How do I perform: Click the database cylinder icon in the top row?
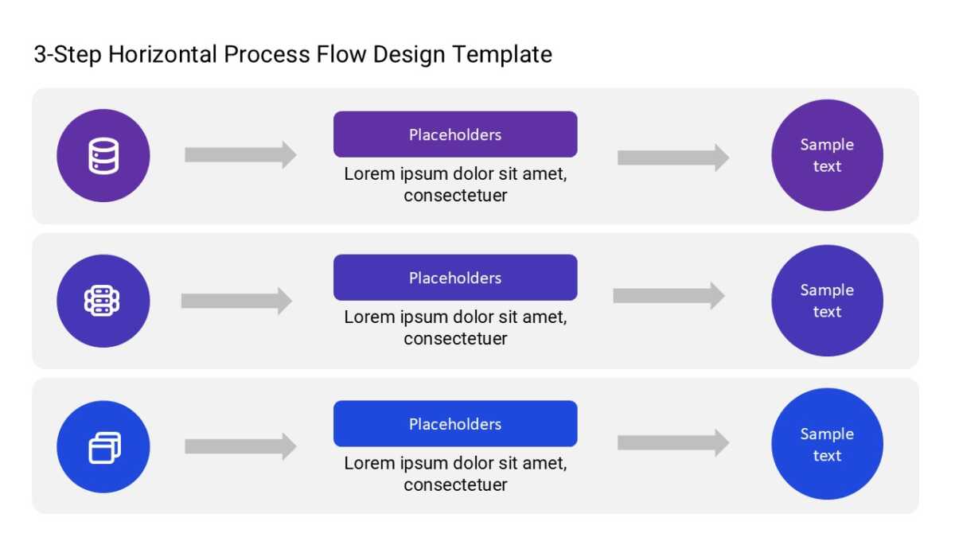(103, 156)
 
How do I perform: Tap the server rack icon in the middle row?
(102, 301)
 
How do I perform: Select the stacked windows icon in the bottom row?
(104, 447)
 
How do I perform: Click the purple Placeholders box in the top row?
(455, 134)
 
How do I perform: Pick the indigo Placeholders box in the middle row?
(455, 278)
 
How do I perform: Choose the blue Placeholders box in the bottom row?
(455, 423)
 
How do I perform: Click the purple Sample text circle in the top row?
(827, 155)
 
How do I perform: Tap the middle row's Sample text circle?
(827, 301)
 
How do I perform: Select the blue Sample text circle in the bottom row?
(827, 444)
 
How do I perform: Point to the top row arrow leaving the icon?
(241, 154)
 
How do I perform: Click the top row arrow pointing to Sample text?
(673, 158)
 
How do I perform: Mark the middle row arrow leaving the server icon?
(236, 301)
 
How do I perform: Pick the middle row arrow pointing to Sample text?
(669, 295)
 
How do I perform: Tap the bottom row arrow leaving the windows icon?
(241, 446)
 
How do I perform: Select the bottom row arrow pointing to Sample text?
(673, 443)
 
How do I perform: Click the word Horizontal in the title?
(162, 54)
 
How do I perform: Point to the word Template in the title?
(502, 56)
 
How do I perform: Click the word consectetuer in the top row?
(455, 196)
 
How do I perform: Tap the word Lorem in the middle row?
(369, 317)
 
